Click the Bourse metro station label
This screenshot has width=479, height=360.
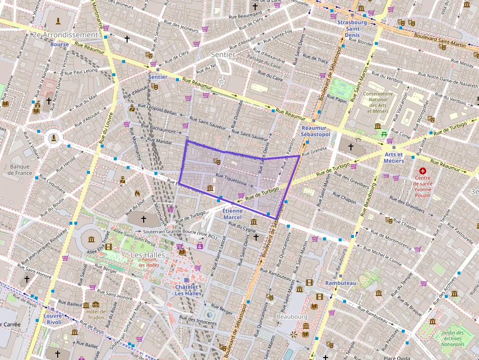click(x=59, y=44)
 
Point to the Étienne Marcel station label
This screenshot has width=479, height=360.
click(x=232, y=214)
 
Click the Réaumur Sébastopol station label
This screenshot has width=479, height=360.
click(x=316, y=131)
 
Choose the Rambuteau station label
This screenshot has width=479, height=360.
click(x=341, y=283)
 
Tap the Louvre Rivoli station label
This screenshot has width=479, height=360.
click(x=53, y=318)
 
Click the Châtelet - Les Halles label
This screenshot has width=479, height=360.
click(x=188, y=290)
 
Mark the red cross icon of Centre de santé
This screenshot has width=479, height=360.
click(x=423, y=171)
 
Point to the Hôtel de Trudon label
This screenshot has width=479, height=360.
click(x=96, y=314)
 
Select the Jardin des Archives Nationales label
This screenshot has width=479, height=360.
click(x=452, y=339)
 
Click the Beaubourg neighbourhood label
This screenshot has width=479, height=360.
click(x=292, y=317)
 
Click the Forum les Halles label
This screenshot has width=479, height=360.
click(x=149, y=262)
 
